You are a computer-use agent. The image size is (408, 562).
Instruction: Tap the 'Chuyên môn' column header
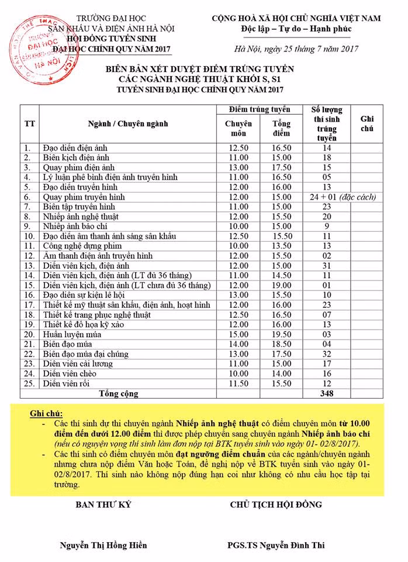[238, 128]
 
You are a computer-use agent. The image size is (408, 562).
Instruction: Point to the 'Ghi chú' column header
[366, 124]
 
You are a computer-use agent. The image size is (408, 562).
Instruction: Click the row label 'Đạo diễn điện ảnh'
[76, 148]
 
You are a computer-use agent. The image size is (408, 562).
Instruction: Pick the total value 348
[327, 393]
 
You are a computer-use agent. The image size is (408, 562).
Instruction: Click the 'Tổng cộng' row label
[119, 393]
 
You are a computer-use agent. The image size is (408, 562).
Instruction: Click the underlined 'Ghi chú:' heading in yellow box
[46, 414]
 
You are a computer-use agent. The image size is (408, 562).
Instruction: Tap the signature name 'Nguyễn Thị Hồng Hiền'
[103, 546]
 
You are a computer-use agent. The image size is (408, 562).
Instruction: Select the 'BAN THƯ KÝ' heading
[103, 505]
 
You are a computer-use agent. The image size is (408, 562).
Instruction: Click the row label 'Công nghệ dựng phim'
[81, 246]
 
